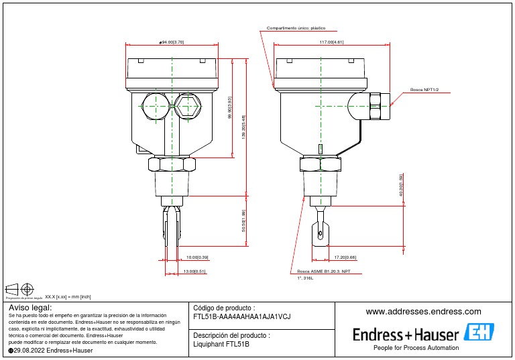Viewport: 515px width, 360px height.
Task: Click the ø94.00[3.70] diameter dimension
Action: (x=172, y=42)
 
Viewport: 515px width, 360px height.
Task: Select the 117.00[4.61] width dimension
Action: (x=331, y=42)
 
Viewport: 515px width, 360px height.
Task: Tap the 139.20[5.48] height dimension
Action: (x=244, y=127)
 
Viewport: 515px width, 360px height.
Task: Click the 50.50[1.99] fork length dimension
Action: (x=244, y=221)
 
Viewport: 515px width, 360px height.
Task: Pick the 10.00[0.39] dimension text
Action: (x=197, y=257)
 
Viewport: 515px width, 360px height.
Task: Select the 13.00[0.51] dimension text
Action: (x=194, y=272)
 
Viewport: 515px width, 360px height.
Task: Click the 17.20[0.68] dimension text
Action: (x=345, y=257)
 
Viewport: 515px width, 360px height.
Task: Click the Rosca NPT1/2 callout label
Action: (x=424, y=89)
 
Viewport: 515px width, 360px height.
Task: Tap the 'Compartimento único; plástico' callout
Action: (x=296, y=29)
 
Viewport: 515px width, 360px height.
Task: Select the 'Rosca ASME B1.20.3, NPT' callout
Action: (x=323, y=272)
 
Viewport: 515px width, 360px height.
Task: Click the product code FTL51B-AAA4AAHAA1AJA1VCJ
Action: (x=241, y=316)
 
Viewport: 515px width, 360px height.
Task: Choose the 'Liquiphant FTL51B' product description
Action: (x=221, y=345)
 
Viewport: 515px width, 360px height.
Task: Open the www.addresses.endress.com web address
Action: (x=423, y=312)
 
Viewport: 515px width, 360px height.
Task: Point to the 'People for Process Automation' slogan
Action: (x=416, y=348)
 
